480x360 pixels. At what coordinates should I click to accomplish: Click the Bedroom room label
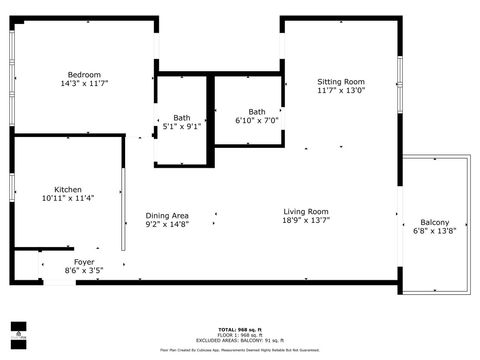pyautogui.click(x=84, y=75)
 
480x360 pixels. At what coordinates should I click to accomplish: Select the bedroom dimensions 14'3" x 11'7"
pyautogui.click(x=84, y=84)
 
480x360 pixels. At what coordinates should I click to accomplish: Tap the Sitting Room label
pyautogui.click(x=341, y=81)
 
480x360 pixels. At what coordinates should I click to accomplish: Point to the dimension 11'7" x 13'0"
pyautogui.click(x=341, y=90)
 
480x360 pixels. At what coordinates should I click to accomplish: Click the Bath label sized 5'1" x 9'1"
pyautogui.click(x=181, y=117)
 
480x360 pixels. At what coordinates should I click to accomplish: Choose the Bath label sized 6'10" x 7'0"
pyautogui.click(x=257, y=112)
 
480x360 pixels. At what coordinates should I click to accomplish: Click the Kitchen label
pyautogui.click(x=68, y=189)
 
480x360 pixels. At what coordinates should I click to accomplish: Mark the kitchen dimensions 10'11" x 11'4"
pyautogui.click(x=68, y=198)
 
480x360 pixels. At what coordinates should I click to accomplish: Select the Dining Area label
pyautogui.click(x=167, y=216)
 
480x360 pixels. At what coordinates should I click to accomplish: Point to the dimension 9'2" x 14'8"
pyautogui.click(x=167, y=225)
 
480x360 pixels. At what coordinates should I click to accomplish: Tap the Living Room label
pyautogui.click(x=306, y=211)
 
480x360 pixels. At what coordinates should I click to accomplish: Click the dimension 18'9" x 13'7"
pyautogui.click(x=306, y=220)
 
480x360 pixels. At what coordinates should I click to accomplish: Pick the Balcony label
pyautogui.click(x=434, y=222)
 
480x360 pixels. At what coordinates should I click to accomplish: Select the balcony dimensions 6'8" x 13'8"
pyautogui.click(x=434, y=231)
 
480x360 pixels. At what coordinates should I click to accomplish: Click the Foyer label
pyautogui.click(x=83, y=261)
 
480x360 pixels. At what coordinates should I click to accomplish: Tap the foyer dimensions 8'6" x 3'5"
pyautogui.click(x=83, y=270)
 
